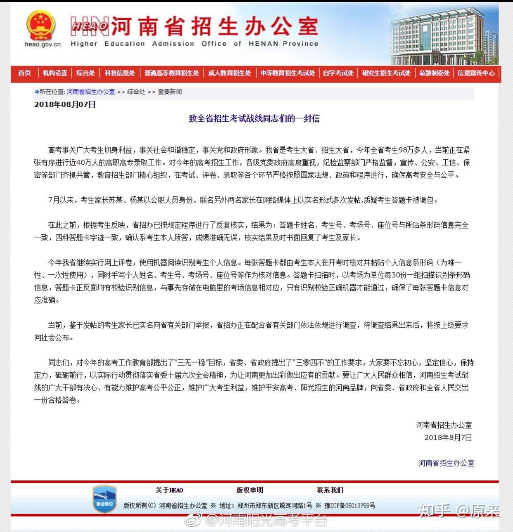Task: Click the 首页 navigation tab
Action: [x=24, y=73]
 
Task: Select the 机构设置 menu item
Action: [x=55, y=73]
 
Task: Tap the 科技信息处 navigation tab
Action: [x=120, y=73]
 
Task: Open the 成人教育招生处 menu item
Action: [x=230, y=73]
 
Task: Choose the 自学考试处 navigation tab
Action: [x=338, y=73]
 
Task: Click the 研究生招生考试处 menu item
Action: [x=386, y=73]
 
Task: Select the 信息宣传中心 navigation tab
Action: [x=476, y=73]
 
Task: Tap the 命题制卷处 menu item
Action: [x=434, y=73]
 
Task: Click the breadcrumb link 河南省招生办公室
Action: [x=91, y=92]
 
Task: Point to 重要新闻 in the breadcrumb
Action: [x=170, y=92]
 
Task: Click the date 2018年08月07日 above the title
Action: [x=65, y=104]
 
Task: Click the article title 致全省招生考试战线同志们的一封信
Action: [x=254, y=119]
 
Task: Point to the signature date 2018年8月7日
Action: [x=448, y=437]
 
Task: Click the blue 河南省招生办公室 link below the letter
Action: [x=446, y=463]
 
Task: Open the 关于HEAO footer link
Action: [x=169, y=490]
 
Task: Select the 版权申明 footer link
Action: [x=249, y=490]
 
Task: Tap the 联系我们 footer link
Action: [x=330, y=490]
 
